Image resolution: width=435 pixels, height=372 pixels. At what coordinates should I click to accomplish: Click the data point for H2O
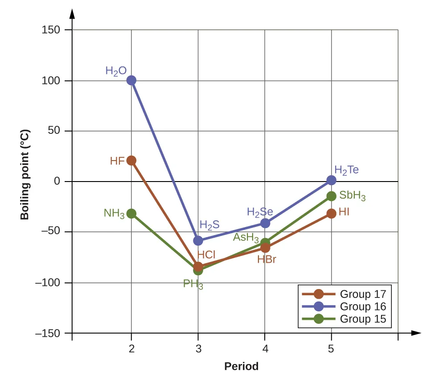pos(131,80)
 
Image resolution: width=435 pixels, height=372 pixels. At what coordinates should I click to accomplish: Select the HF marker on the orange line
pos(131,161)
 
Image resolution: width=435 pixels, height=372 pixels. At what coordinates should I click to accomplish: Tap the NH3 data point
pos(131,214)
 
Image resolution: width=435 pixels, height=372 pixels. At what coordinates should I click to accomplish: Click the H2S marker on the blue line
pos(198,241)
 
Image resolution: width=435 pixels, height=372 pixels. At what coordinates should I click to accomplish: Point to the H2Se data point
pos(265,223)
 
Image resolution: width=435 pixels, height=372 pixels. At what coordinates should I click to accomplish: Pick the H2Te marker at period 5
pos(331,180)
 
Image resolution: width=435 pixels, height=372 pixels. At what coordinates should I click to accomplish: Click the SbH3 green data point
pos(331,196)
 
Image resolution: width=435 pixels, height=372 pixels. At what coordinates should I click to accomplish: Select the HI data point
pos(331,214)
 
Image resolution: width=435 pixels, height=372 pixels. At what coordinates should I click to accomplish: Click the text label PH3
pos(193,284)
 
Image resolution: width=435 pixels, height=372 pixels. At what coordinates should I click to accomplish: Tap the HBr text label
pos(267,259)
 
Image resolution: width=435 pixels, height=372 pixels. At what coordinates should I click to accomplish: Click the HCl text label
pos(206,255)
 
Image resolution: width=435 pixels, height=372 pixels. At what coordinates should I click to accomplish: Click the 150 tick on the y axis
pos(51,30)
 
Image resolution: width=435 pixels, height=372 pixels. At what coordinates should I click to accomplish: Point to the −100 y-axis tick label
pos(48,283)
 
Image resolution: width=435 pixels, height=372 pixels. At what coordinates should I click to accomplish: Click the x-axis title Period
pos(241,367)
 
